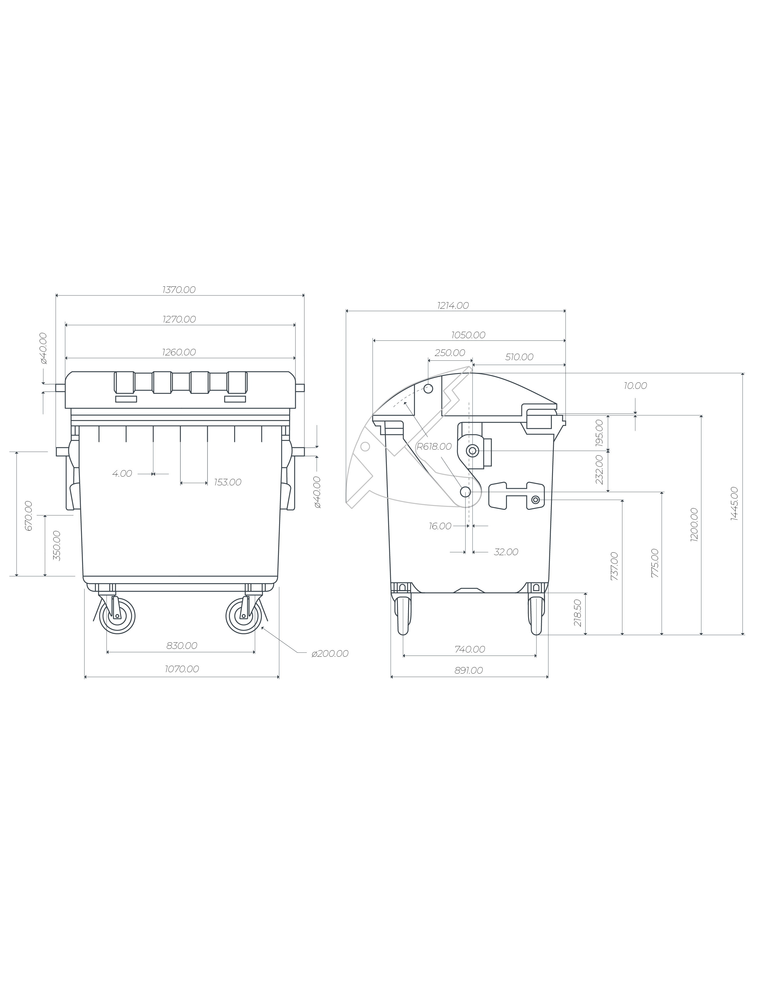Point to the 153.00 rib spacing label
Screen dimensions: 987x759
click(228, 482)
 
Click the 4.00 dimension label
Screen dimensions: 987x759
click(122, 474)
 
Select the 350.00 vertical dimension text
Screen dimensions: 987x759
click(57, 546)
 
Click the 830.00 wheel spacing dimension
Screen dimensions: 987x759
click(182, 646)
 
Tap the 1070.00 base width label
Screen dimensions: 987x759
click(182, 669)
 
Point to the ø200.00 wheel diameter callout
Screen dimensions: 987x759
click(330, 654)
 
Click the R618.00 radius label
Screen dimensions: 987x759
click(434, 447)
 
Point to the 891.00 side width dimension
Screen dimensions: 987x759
click(468, 671)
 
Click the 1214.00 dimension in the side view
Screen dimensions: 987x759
click(453, 306)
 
